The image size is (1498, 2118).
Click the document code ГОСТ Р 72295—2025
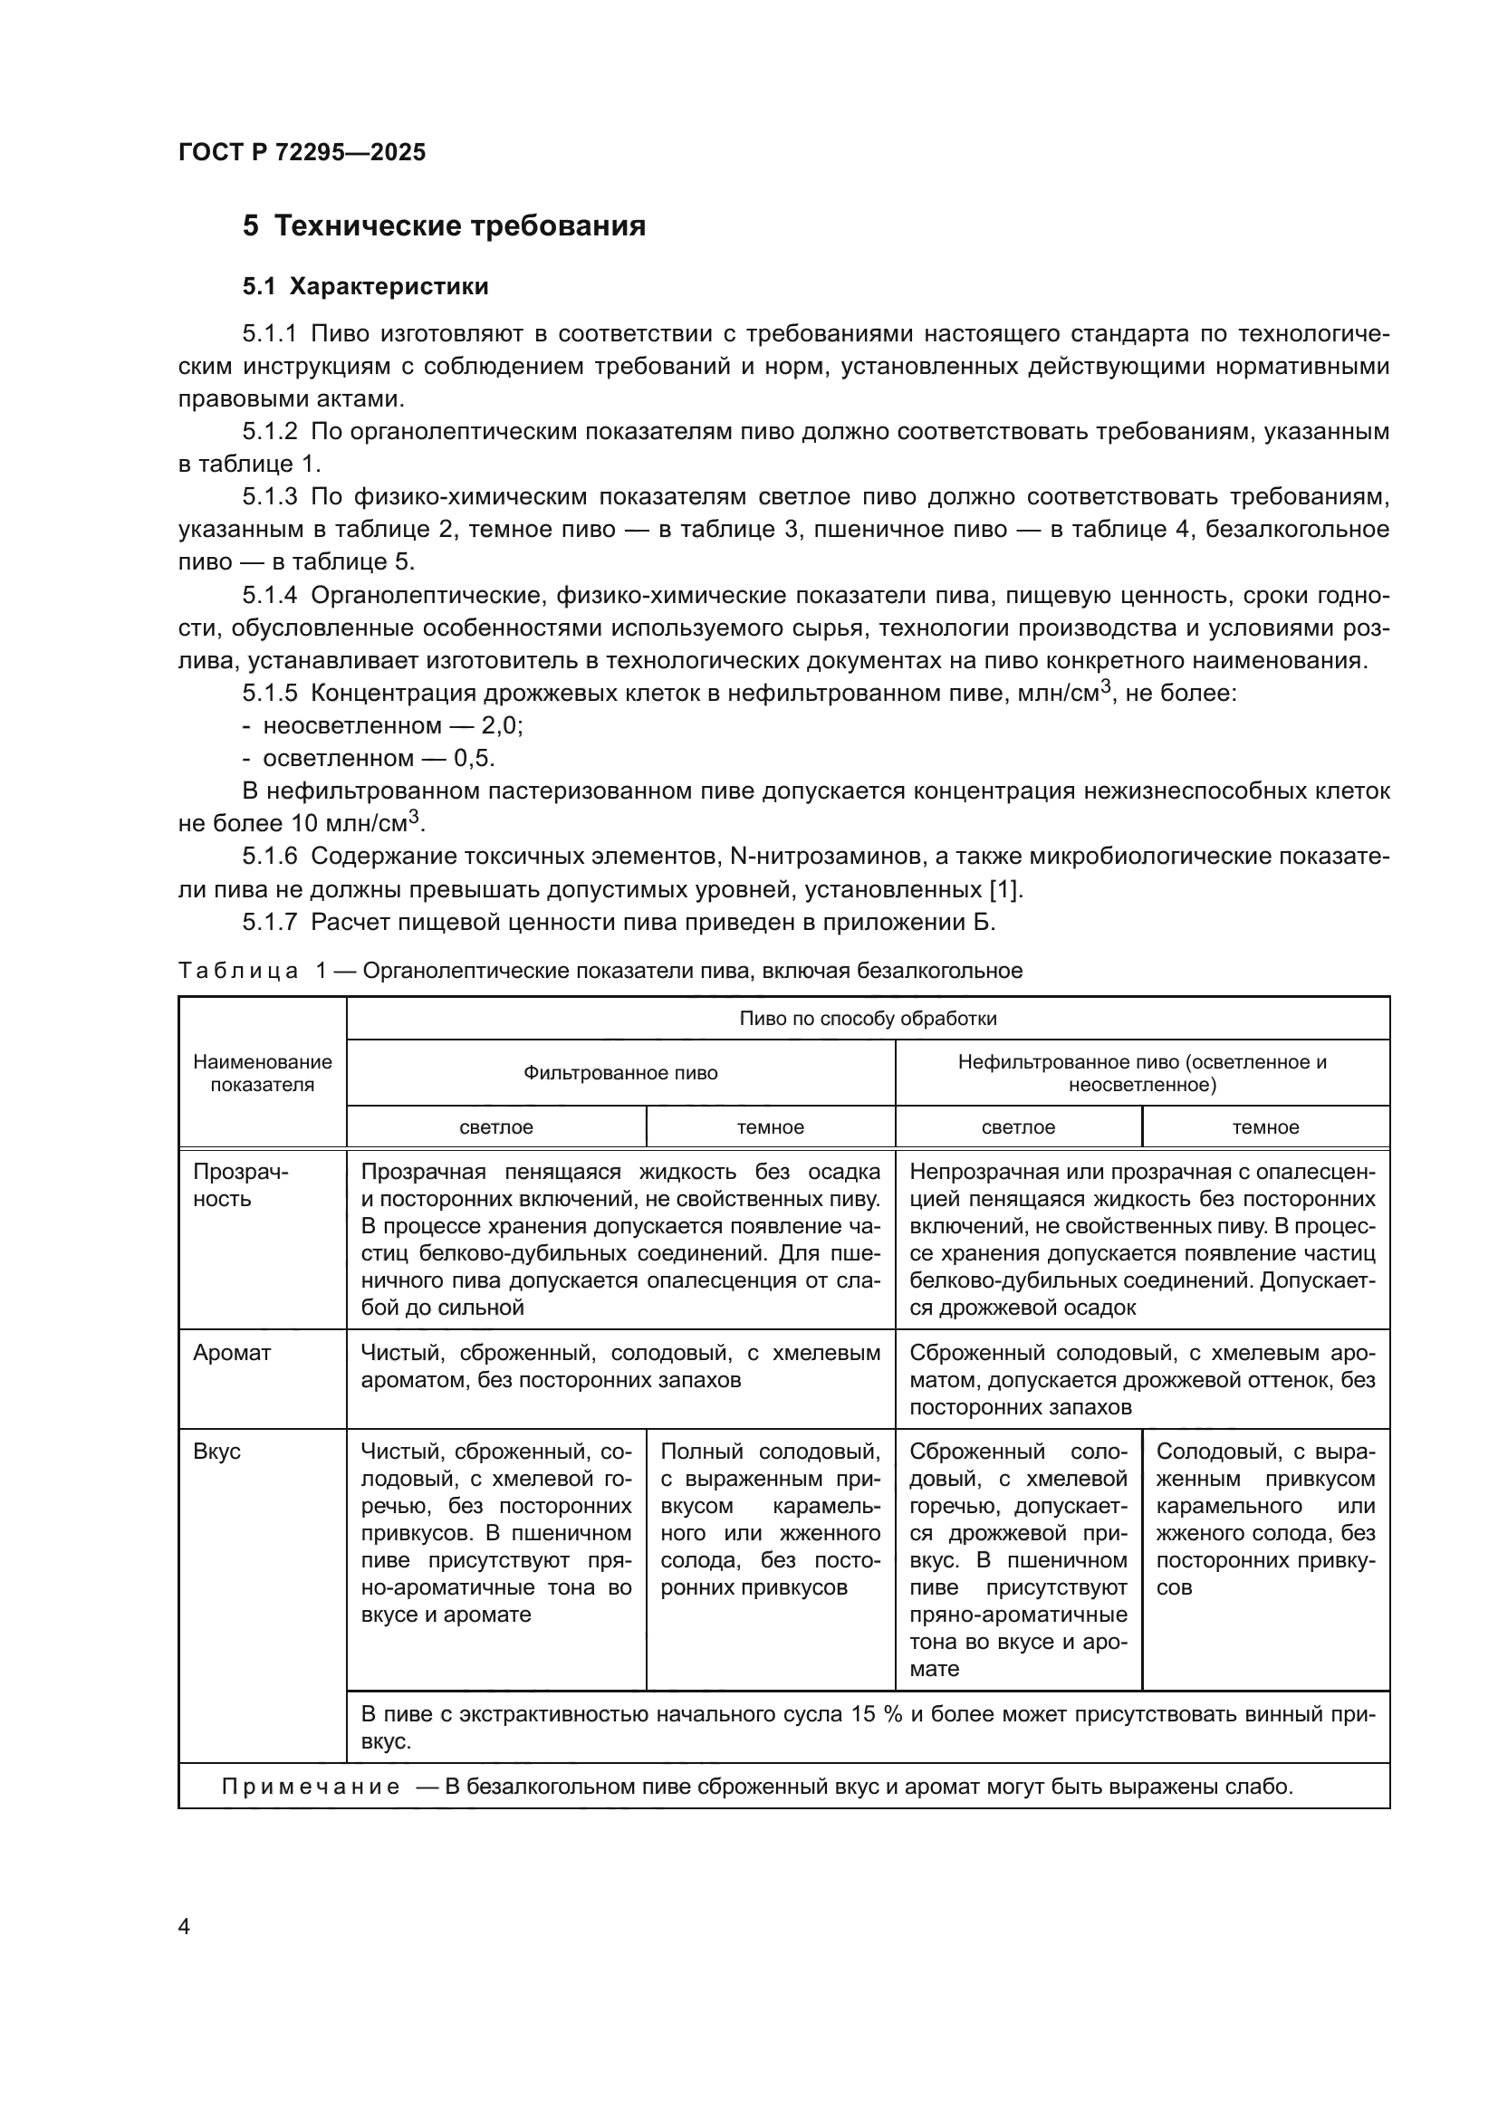[302, 152]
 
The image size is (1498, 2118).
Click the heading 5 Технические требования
[444, 226]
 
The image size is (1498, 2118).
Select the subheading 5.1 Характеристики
[365, 287]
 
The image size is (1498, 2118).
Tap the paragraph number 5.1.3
[269, 497]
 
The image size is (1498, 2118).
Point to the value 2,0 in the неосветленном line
[501, 726]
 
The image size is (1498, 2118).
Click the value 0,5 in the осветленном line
[473, 758]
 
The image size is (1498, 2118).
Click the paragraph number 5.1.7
[269, 923]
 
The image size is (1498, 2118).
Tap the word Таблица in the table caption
[238, 972]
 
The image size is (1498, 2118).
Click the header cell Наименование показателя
[262, 1074]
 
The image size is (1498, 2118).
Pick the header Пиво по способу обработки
[867, 1019]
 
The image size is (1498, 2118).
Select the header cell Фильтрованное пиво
[619, 1073]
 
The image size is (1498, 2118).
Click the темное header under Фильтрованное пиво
[770, 1127]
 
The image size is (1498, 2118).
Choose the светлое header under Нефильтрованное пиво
[1017, 1127]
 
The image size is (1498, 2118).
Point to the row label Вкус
[216, 1452]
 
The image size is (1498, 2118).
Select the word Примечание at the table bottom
[311, 1787]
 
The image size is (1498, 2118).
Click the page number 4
[184, 1927]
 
